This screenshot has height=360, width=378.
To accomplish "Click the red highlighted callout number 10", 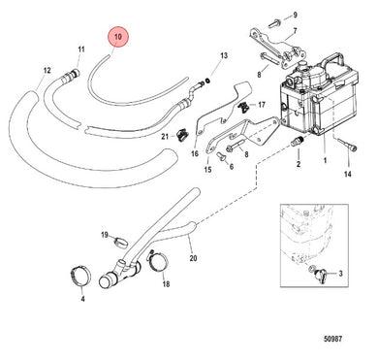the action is click(118, 37).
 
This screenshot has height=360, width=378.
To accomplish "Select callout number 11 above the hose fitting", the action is click(81, 49).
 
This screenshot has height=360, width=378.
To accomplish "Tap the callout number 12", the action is click(47, 70).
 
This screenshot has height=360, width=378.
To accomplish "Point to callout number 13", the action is click(224, 55).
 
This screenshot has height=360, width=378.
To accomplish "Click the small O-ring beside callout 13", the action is click(208, 81).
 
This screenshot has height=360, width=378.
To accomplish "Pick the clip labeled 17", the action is click(244, 107).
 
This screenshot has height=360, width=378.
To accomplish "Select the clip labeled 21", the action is click(183, 134).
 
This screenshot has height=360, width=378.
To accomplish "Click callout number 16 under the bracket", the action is click(195, 153).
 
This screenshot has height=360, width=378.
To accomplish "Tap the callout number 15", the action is click(207, 169).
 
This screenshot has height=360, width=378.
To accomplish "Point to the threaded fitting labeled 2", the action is click(298, 142).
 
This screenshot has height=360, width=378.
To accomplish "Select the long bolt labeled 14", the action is click(347, 145).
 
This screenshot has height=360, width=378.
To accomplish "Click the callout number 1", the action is click(325, 160).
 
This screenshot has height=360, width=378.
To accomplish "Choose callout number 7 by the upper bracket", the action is click(295, 31).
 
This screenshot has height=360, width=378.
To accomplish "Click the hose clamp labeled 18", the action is click(158, 262).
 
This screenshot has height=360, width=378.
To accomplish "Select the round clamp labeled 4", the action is click(80, 276).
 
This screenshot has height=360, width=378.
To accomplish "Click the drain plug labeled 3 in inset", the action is click(320, 275).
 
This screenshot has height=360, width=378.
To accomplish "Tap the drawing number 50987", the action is click(332, 339).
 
